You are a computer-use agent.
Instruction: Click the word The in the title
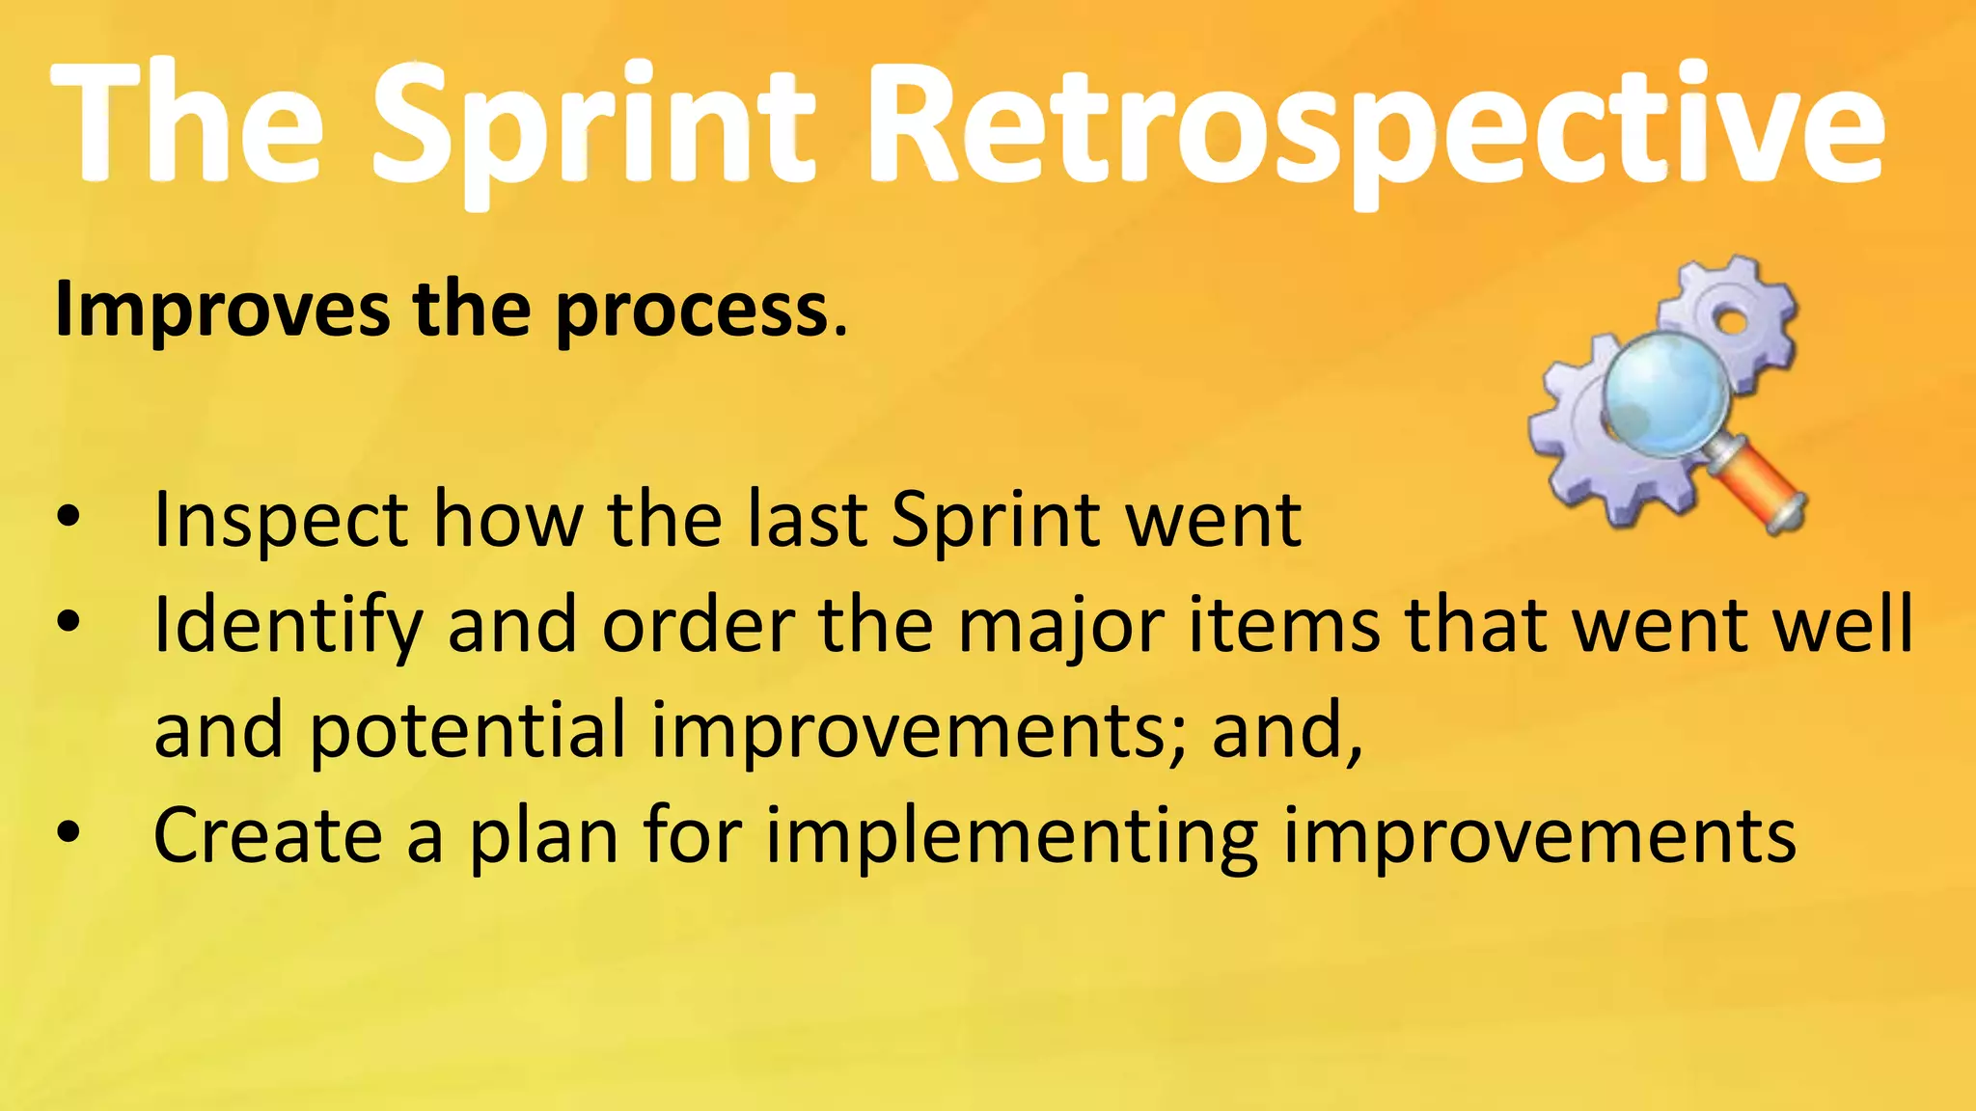click(x=188, y=125)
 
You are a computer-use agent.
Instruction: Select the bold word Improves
click(x=222, y=311)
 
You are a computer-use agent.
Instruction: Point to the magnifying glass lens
click(x=1664, y=395)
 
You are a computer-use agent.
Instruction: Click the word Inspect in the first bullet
click(x=280, y=522)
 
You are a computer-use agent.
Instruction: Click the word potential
click(x=467, y=731)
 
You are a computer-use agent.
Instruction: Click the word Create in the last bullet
click(x=268, y=835)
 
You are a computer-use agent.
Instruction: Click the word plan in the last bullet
click(x=543, y=837)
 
